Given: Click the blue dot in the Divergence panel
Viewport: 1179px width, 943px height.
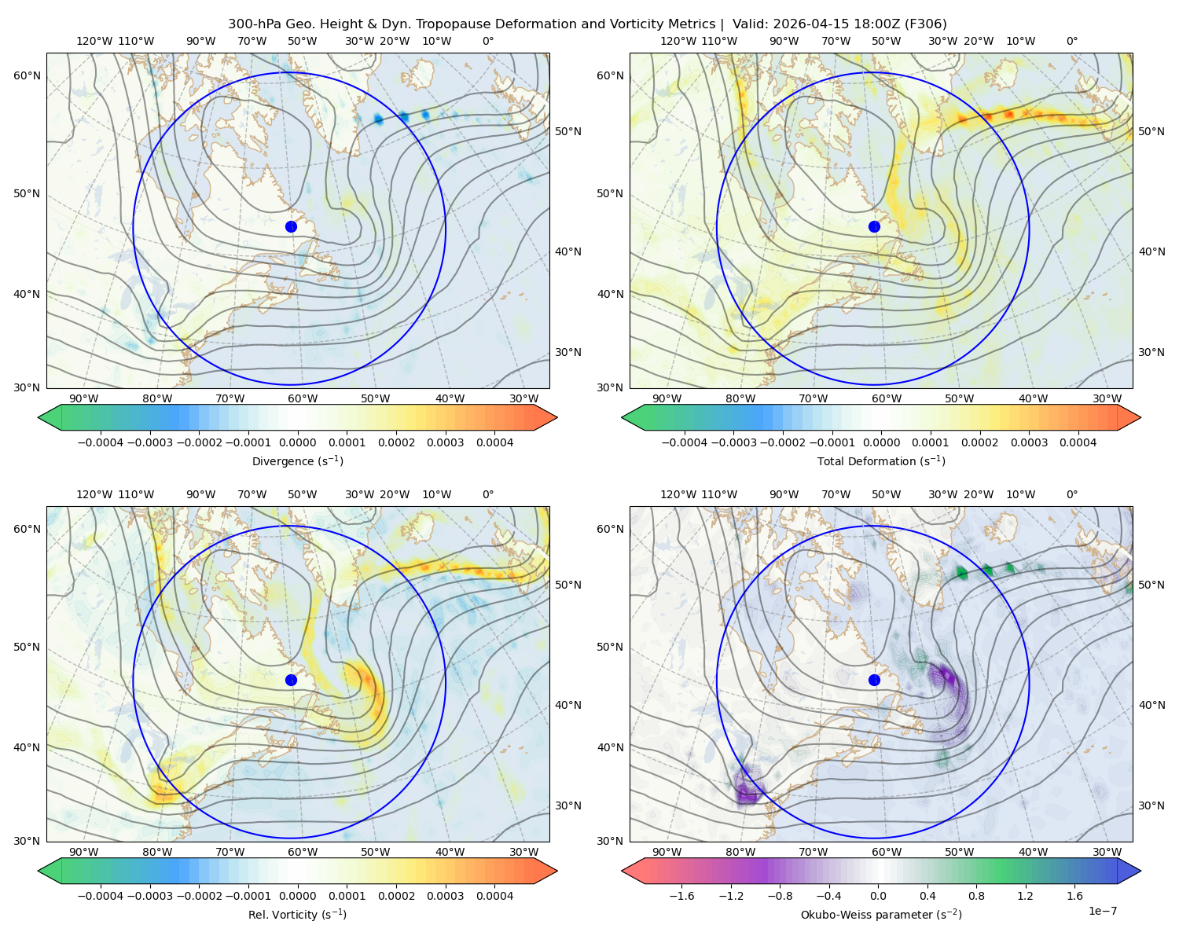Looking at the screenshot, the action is pos(291,227).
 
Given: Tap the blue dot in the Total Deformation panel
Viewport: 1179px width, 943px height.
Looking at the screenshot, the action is pos(874,227).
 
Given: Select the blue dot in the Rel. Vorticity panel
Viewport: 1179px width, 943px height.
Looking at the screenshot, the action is pos(291,680).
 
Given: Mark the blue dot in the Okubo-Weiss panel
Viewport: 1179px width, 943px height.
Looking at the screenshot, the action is pos(874,680).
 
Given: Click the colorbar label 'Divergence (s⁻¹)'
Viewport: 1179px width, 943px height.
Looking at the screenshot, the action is pos(297,460).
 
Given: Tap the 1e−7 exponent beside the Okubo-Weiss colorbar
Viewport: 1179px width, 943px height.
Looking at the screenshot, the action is pos(1102,911).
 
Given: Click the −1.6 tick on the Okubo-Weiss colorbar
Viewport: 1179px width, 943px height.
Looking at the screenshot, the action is pos(681,896).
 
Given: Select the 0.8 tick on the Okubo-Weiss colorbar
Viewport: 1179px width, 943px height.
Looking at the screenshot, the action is pos(976,896).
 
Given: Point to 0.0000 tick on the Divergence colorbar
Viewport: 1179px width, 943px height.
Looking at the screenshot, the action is pos(297,442).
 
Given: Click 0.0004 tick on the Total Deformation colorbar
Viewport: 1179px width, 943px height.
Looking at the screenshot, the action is pos(1078,442).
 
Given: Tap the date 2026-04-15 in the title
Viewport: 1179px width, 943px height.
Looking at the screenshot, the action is pos(804,24).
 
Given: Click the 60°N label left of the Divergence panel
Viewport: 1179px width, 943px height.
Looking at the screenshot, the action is pos(27,75).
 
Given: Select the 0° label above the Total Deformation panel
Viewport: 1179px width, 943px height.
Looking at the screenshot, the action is pos(1072,41).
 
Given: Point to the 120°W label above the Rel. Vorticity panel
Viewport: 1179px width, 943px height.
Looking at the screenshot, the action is pos(94,494).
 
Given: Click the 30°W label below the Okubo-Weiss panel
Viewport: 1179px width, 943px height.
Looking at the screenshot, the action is pos(1107,852).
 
